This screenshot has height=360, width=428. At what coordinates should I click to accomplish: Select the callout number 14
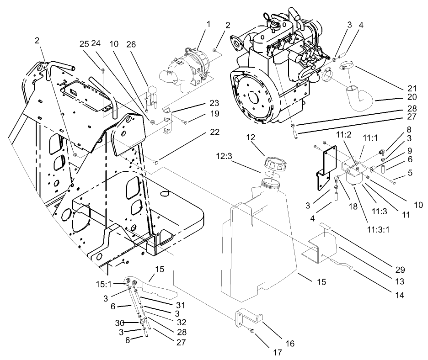click(x=400, y=295)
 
